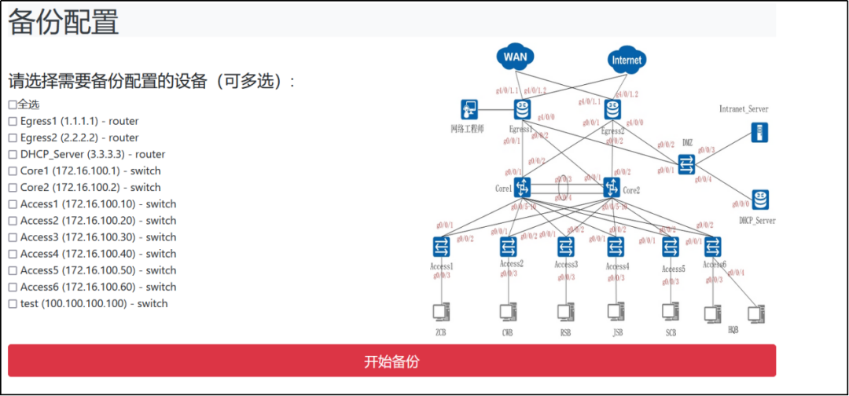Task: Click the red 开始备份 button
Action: pyautogui.click(x=391, y=361)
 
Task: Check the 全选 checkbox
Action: pyautogui.click(x=13, y=104)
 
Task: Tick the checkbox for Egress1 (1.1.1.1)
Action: pyautogui.click(x=13, y=121)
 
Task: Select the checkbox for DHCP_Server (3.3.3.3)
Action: pyautogui.click(x=13, y=154)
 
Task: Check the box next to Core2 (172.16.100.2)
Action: pyautogui.click(x=13, y=188)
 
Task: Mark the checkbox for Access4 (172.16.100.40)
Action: pyautogui.click(x=13, y=254)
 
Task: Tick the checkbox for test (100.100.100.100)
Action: pyautogui.click(x=13, y=304)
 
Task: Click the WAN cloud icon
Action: pyautogui.click(x=515, y=57)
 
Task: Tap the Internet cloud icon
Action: pyautogui.click(x=626, y=60)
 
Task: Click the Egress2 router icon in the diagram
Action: pyautogui.click(x=612, y=110)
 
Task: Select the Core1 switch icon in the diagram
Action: pyautogui.click(x=522, y=187)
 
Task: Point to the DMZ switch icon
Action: pyautogui.click(x=686, y=163)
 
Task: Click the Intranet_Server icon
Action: pyautogui.click(x=759, y=132)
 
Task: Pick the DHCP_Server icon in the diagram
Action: pyautogui.click(x=759, y=200)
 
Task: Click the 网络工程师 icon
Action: pyautogui.click(x=470, y=110)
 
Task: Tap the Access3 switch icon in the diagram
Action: pyautogui.click(x=565, y=247)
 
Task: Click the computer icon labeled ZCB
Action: pyautogui.click(x=441, y=312)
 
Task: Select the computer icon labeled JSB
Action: pyautogui.click(x=616, y=312)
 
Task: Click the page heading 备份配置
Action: pyautogui.click(x=63, y=21)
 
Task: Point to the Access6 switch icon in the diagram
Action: pyautogui.click(x=712, y=247)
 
